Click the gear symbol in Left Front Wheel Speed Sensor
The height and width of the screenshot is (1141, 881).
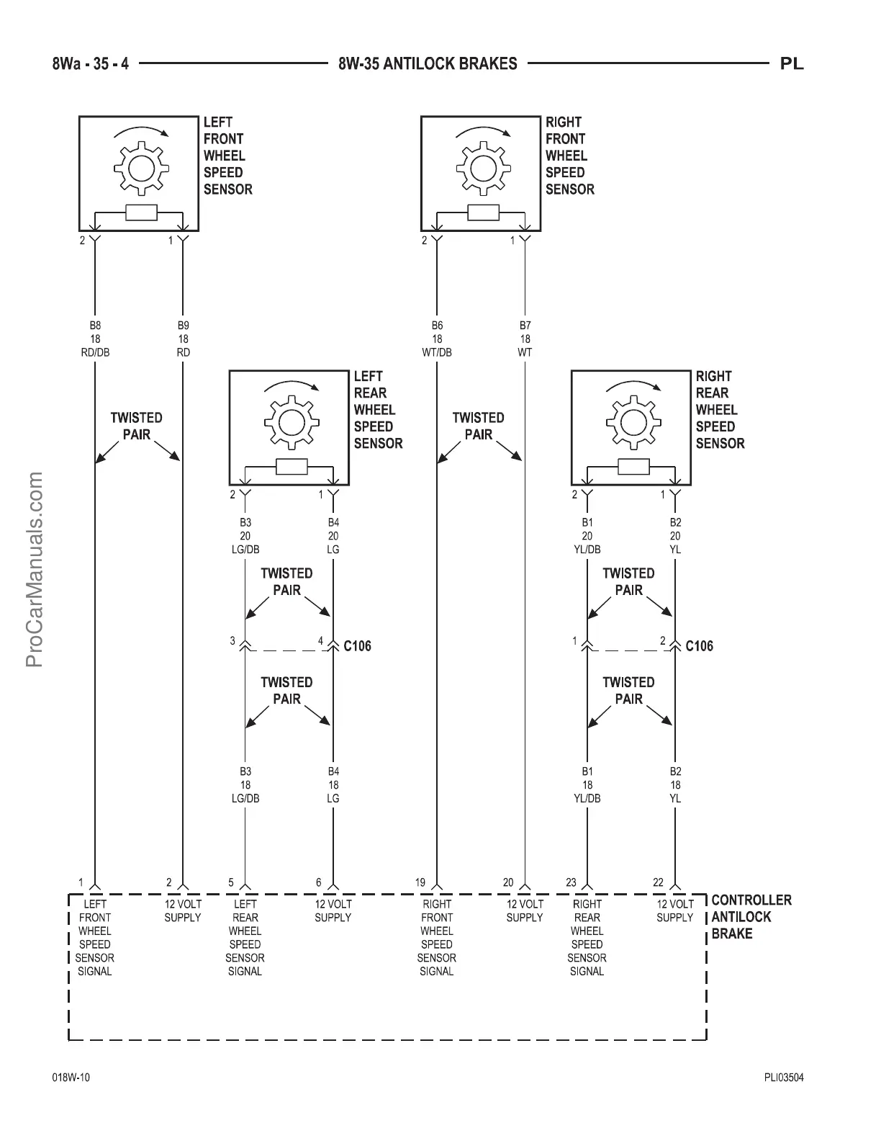(x=142, y=169)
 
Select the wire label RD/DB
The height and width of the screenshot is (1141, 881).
(x=95, y=353)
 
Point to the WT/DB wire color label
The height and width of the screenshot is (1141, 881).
(x=437, y=353)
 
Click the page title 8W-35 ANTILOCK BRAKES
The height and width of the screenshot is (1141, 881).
(x=428, y=64)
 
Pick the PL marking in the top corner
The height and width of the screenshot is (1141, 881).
(x=792, y=64)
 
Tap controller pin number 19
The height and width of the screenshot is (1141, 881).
(x=420, y=882)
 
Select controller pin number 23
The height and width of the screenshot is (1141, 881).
(x=571, y=882)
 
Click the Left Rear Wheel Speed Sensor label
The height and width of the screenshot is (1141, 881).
(x=378, y=410)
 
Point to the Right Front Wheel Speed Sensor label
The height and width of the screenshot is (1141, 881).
(x=569, y=156)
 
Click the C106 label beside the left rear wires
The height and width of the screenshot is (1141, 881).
(x=357, y=646)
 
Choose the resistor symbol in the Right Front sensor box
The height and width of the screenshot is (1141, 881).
(x=483, y=212)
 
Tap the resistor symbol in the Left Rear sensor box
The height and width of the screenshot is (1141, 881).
(x=292, y=467)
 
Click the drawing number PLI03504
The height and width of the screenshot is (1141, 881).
(x=784, y=1078)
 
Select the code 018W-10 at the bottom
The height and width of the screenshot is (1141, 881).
(x=71, y=1078)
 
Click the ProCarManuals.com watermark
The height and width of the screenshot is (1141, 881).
(x=35, y=569)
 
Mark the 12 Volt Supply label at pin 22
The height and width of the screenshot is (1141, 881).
(x=674, y=910)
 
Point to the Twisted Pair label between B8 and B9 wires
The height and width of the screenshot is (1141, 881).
(x=136, y=426)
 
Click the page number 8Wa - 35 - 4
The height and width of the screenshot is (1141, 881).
(x=91, y=64)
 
